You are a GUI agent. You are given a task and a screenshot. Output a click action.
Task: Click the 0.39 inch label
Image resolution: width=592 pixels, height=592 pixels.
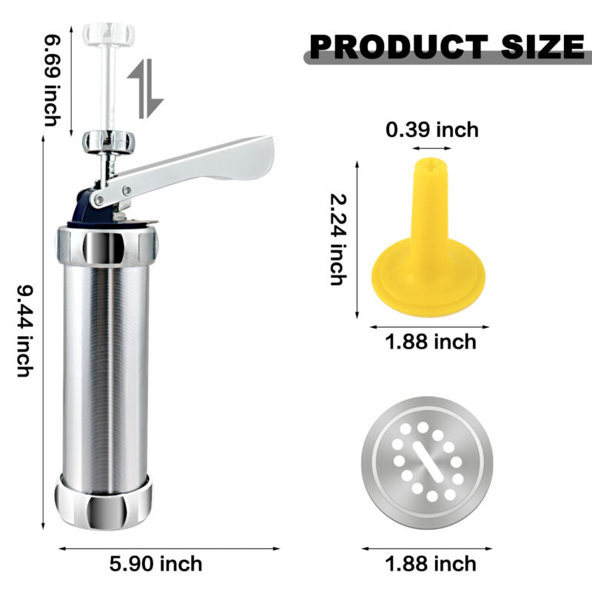click(432, 130)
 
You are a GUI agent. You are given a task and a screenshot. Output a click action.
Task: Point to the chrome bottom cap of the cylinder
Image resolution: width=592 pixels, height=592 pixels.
click(104, 501)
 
